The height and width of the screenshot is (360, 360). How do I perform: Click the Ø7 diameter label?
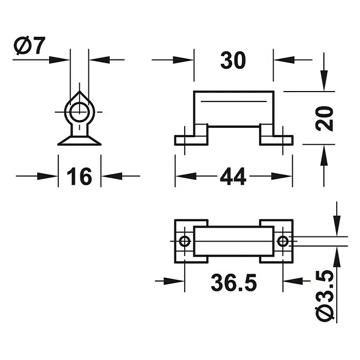(29, 46)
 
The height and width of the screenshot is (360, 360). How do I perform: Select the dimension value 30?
(233, 61)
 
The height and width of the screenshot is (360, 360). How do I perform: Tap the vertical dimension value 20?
(324, 118)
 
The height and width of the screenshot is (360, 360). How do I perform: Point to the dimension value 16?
(79, 176)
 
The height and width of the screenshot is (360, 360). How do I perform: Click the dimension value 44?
(233, 176)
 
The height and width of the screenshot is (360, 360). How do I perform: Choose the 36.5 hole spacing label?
(234, 282)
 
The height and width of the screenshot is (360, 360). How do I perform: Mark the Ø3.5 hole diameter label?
(324, 296)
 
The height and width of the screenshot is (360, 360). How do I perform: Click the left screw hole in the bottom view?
(185, 242)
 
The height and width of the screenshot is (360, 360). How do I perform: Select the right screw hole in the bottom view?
(283, 242)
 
